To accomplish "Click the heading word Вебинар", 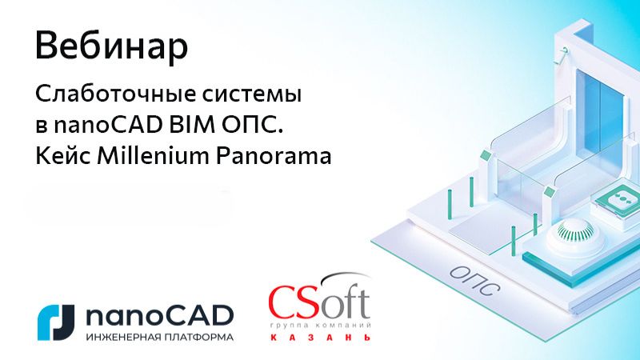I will [112, 47].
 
